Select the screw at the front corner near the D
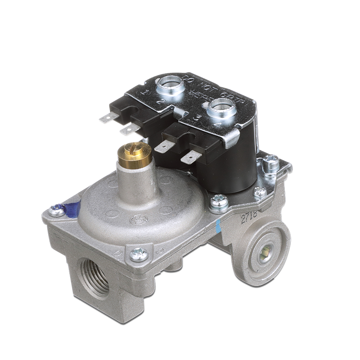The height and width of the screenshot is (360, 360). [x=139, y=254]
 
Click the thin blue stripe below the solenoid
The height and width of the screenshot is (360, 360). [x=219, y=224]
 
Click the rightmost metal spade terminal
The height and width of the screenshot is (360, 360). [x=191, y=158]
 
